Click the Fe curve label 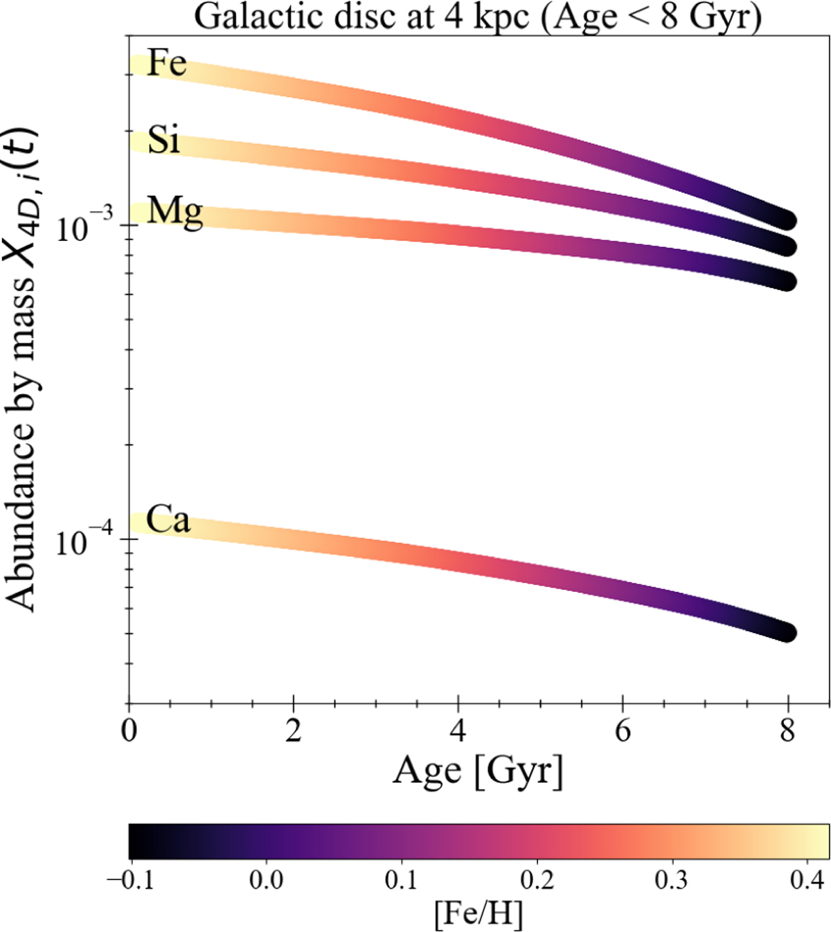click(167, 64)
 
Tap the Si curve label click(164, 140)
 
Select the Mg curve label click(175, 211)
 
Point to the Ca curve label click(168, 520)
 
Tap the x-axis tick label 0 click(129, 731)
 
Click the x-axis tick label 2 click(294, 731)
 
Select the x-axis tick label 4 click(458, 731)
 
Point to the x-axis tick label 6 click(623, 731)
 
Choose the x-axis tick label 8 click(787, 731)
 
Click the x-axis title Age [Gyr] click(478, 771)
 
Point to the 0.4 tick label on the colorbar click(806, 880)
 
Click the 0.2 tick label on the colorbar click(537, 880)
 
